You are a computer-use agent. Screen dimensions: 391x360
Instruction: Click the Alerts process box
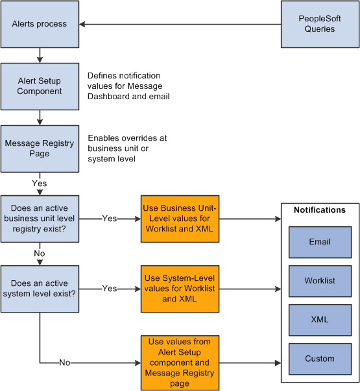tap(40, 24)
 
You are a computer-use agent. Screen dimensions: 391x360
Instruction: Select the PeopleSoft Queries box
tap(320, 24)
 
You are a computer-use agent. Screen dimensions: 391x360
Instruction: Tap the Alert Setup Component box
tap(40, 86)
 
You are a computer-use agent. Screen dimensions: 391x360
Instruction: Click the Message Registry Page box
tap(40, 148)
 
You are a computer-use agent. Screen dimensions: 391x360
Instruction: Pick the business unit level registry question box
tap(40, 219)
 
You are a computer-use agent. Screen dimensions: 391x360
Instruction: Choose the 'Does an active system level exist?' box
tap(40, 289)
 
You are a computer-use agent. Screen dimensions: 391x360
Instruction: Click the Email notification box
tap(320, 242)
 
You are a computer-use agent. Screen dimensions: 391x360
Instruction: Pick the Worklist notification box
tap(320, 281)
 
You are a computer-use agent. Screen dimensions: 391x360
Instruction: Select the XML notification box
tap(320, 320)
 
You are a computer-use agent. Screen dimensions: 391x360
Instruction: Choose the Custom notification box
tap(320, 359)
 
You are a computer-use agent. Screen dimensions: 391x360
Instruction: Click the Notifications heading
tap(320, 210)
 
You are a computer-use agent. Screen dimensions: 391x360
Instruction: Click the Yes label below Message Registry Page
tap(40, 184)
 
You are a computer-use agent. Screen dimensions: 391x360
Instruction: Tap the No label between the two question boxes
tap(40, 254)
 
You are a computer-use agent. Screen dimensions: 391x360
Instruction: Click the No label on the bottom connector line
tap(64, 362)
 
